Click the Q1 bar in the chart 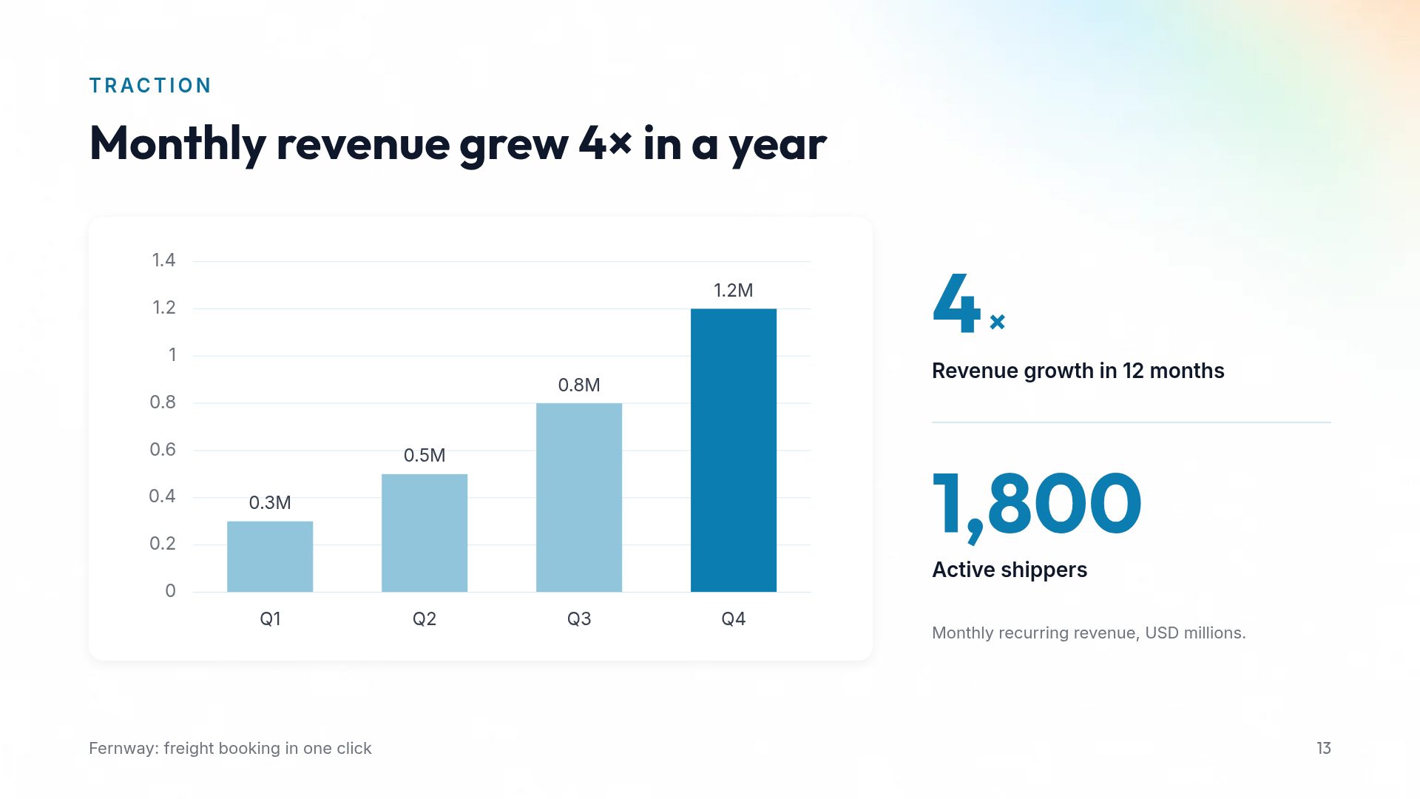270,556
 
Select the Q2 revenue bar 425,533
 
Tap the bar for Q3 579,497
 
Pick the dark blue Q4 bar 734,450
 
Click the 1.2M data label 734,290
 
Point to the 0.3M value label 270,503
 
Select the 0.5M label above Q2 425,455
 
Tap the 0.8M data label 579,385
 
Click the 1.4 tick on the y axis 163,260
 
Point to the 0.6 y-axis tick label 163,449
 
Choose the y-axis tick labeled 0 170,590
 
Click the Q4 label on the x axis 734,618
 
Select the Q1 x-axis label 270,618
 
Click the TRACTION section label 150,86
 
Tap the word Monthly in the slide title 177,144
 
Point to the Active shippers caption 1010,570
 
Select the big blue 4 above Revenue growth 957,303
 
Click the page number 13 1324,748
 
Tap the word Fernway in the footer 121,749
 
